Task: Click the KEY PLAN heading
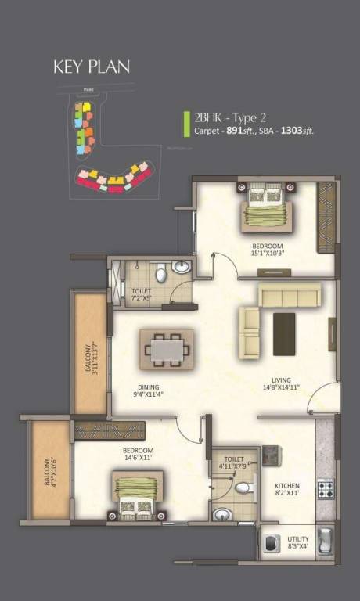[92, 67]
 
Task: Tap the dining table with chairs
[166, 349]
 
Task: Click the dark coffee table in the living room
[283, 334]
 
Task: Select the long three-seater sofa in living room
[290, 295]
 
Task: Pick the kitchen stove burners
[326, 489]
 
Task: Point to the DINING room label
[149, 386]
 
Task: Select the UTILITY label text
[297, 539]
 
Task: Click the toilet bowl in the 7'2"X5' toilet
[160, 274]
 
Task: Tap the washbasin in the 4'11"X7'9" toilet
[223, 514]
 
